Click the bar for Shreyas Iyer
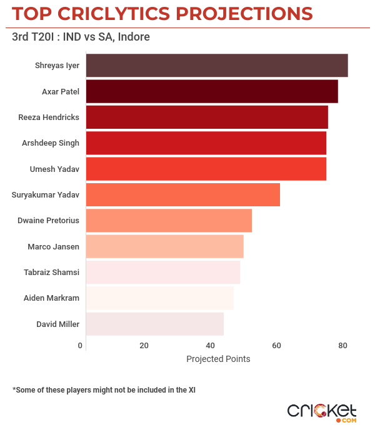(x=216, y=66)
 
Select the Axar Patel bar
(x=211, y=91)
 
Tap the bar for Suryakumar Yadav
(x=182, y=194)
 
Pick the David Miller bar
(x=154, y=324)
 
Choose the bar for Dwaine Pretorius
(x=169, y=221)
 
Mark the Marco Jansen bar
(x=164, y=246)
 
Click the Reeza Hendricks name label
(x=49, y=117)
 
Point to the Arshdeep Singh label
(x=51, y=143)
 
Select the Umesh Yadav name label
(x=54, y=169)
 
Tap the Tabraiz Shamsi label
(x=51, y=272)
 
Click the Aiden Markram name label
(x=51, y=298)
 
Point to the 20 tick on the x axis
(x=144, y=346)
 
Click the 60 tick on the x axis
(x=276, y=346)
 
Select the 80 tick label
(x=342, y=346)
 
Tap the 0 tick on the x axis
(x=80, y=346)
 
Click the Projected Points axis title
(x=218, y=359)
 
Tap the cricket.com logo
(x=322, y=412)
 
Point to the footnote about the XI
(x=104, y=389)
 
